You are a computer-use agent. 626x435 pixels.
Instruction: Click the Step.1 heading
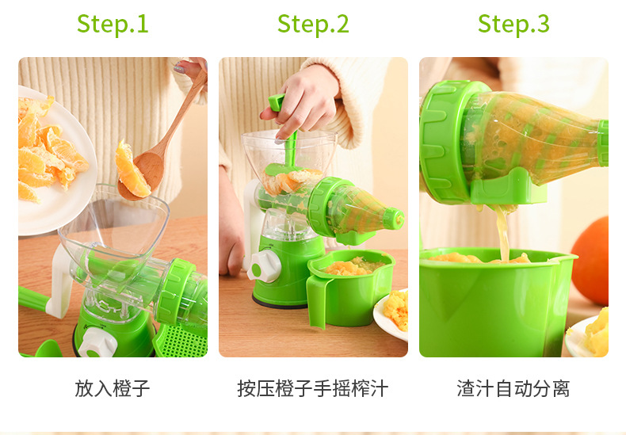point(113,24)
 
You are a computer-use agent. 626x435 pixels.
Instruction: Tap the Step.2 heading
point(313,24)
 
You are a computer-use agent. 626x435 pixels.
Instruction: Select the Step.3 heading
point(513,24)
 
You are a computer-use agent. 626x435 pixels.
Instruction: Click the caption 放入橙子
point(113,388)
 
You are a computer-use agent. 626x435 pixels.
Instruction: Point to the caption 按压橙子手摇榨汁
point(313,388)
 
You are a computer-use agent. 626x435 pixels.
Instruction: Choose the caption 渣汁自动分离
point(513,388)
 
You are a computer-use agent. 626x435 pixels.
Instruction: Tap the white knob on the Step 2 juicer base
point(261,267)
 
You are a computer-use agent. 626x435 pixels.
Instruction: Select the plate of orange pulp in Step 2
point(394,313)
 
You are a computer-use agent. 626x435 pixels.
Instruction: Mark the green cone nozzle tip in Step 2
point(394,216)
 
